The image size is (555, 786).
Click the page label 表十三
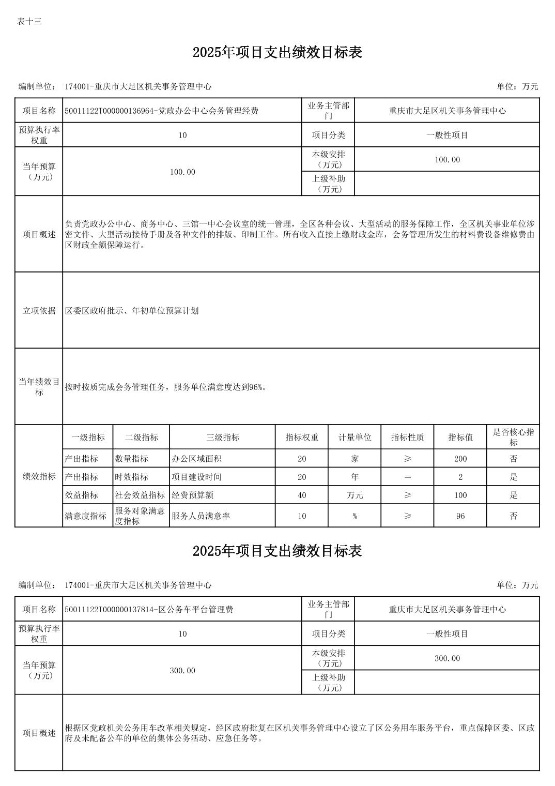click(29, 21)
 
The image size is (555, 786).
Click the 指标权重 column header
click(302, 437)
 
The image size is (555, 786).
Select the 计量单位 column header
click(354, 437)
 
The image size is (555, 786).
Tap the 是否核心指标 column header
click(513, 437)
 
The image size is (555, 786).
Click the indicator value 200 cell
click(460, 459)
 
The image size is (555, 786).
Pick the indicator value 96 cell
click(460, 516)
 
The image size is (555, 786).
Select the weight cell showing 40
click(302, 495)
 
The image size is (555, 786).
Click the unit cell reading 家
click(354, 459)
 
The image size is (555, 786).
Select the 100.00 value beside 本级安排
click(447, 160)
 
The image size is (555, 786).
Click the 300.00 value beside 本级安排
click(447, 658)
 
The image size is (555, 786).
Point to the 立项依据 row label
click(39, 311)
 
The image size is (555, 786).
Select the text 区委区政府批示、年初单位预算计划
click(132, 311)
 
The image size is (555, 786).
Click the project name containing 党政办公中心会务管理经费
click(162, 111)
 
